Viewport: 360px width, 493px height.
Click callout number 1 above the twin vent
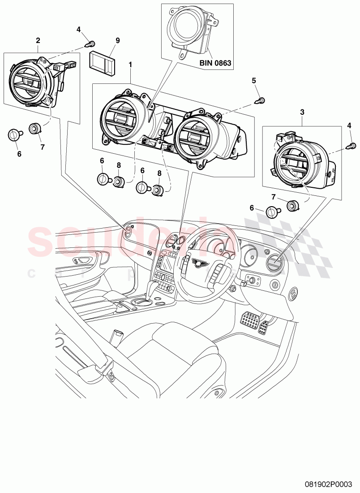coord(130,65)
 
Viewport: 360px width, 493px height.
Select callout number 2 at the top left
coord(38,40)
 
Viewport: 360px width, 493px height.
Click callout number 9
coord(118,40)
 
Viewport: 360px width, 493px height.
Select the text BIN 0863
coord(215,63)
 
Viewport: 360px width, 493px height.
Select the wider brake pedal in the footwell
coord(250,321)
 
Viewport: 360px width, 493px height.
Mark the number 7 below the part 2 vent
coord(43,147)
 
